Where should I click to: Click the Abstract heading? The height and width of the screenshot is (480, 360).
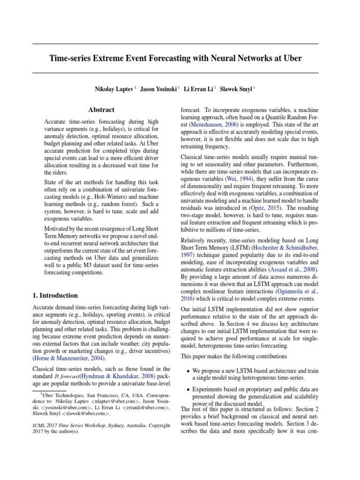(102, 110)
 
